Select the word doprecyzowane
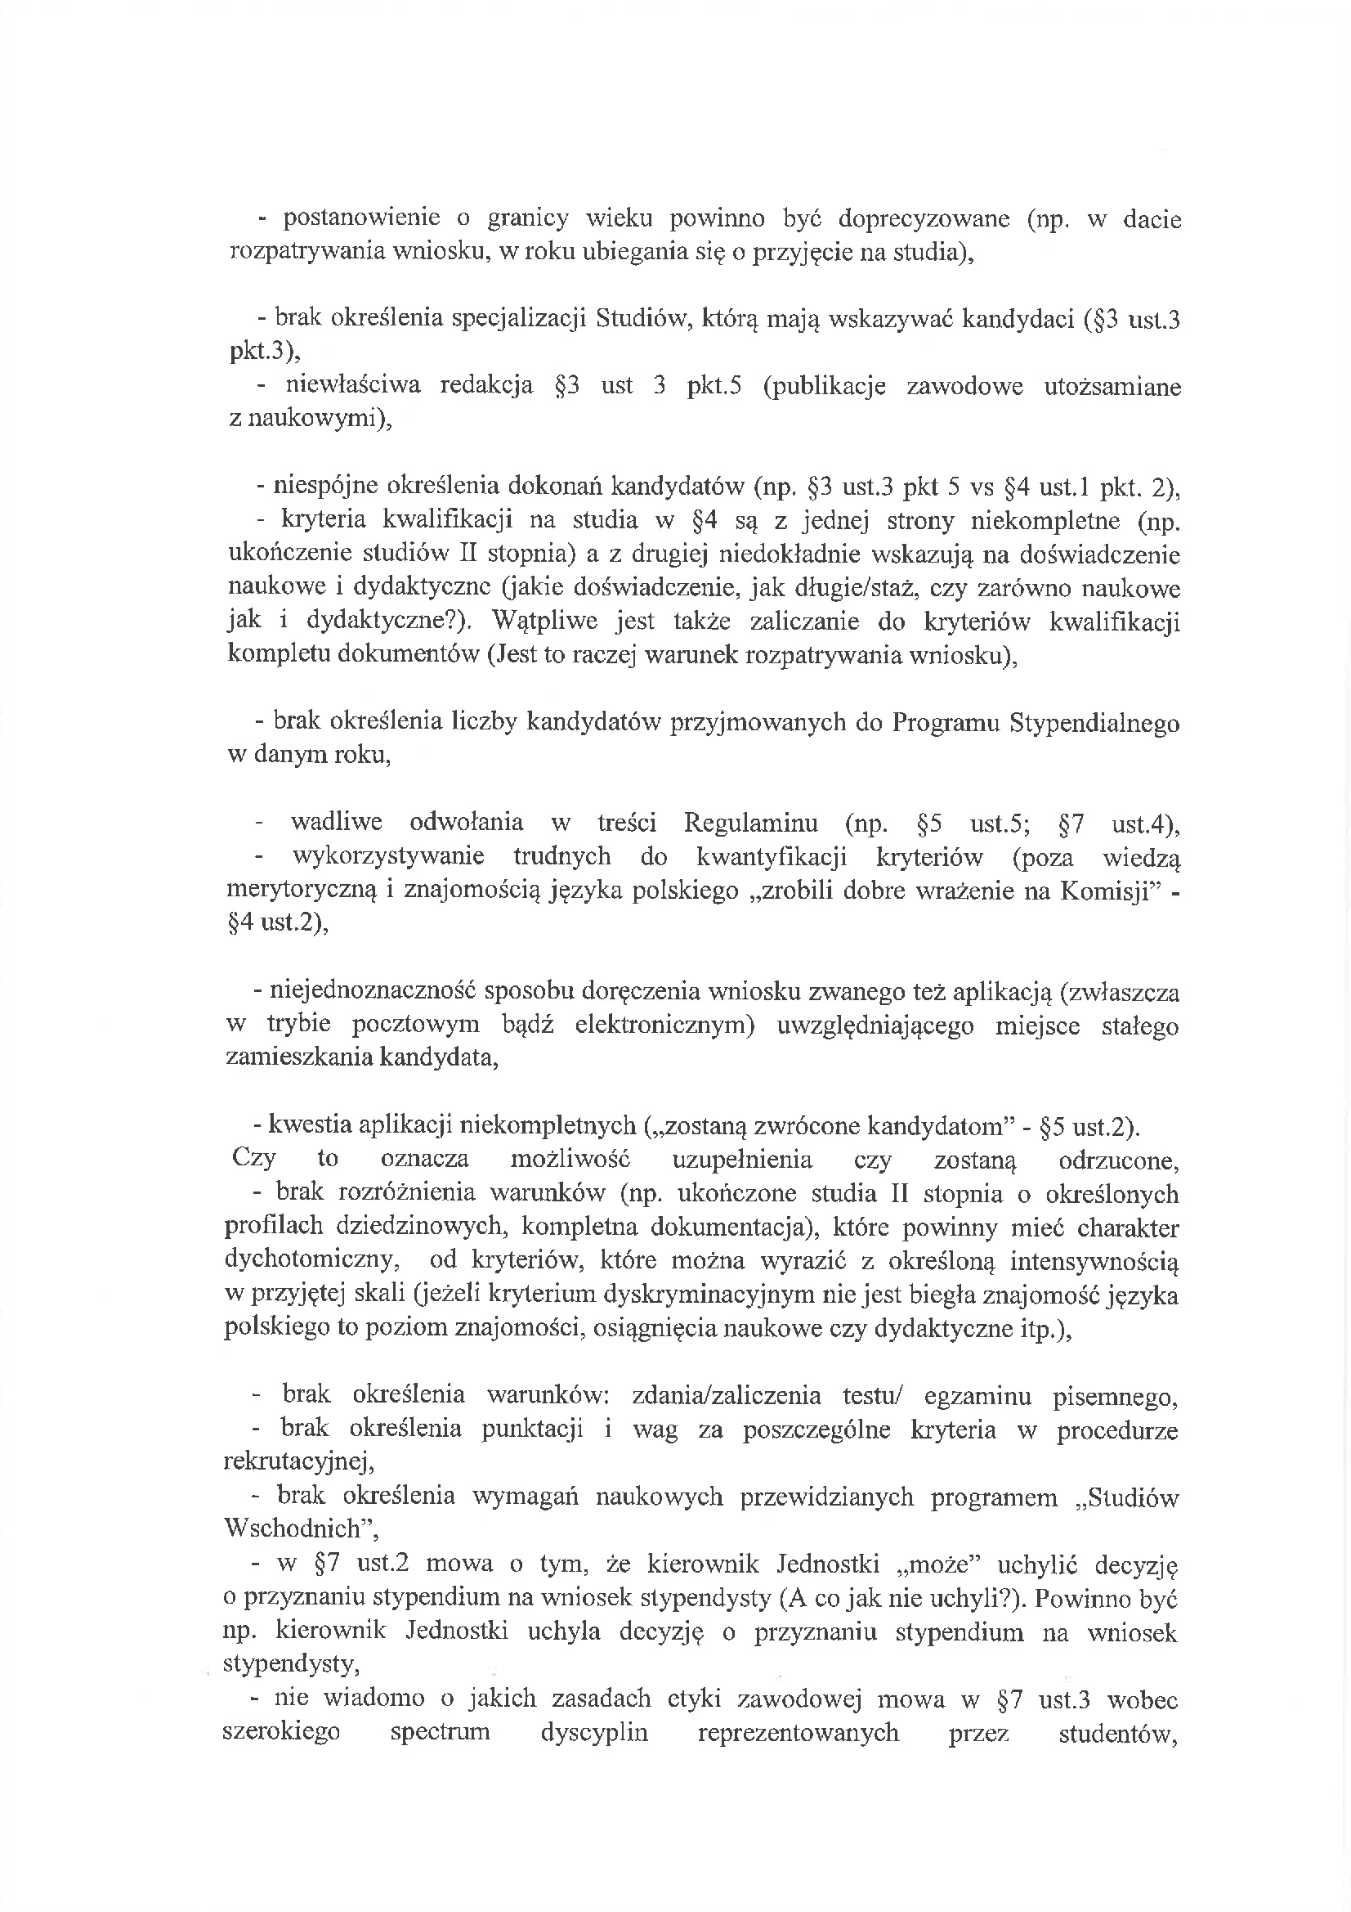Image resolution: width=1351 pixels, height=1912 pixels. coord(923,219)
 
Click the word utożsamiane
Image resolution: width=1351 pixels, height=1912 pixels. coord(1112,388)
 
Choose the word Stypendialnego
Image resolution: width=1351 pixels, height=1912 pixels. coord(1094,723)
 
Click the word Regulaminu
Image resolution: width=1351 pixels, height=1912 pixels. coord(752,824)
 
